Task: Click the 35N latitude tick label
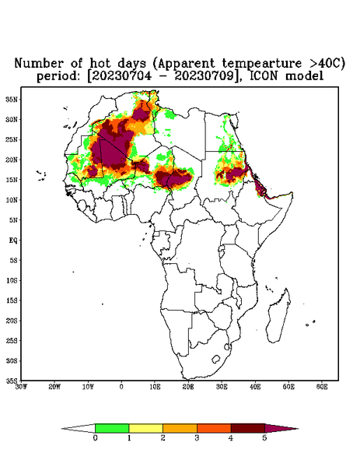(12, 99)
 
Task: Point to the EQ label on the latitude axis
(12, 240)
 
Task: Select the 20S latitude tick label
(12, 321)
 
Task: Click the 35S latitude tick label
(12, 381)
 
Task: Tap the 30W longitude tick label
(21, 387)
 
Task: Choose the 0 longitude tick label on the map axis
(121, 387)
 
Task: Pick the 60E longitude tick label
(322, 387)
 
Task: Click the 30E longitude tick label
(222, 387)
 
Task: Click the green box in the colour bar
(112, 428)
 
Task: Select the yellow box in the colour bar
(145, 428)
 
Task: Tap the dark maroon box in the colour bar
(248, 428)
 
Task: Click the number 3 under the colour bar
(197, 438)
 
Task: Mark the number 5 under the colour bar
(264, 438)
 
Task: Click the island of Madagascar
(278, 316)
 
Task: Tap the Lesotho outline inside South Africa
(216, 359)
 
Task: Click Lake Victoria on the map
(221, 249)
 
